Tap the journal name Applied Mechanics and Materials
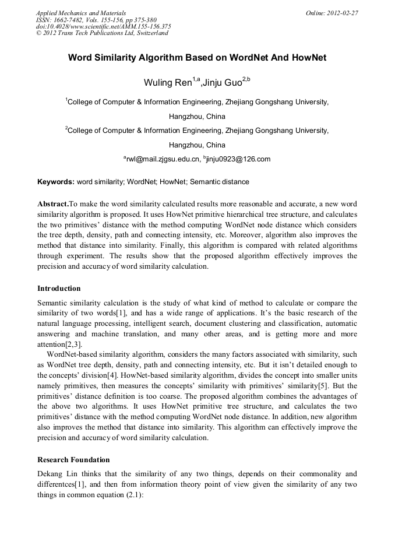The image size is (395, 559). [80, 13]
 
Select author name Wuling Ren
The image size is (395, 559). [167, 83]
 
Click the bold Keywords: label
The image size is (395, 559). [56, 182]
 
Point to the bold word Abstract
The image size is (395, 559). [52, 203]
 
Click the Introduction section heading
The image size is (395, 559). [59, 289]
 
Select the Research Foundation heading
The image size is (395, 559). [73, 460]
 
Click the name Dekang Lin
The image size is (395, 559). [59, 474]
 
